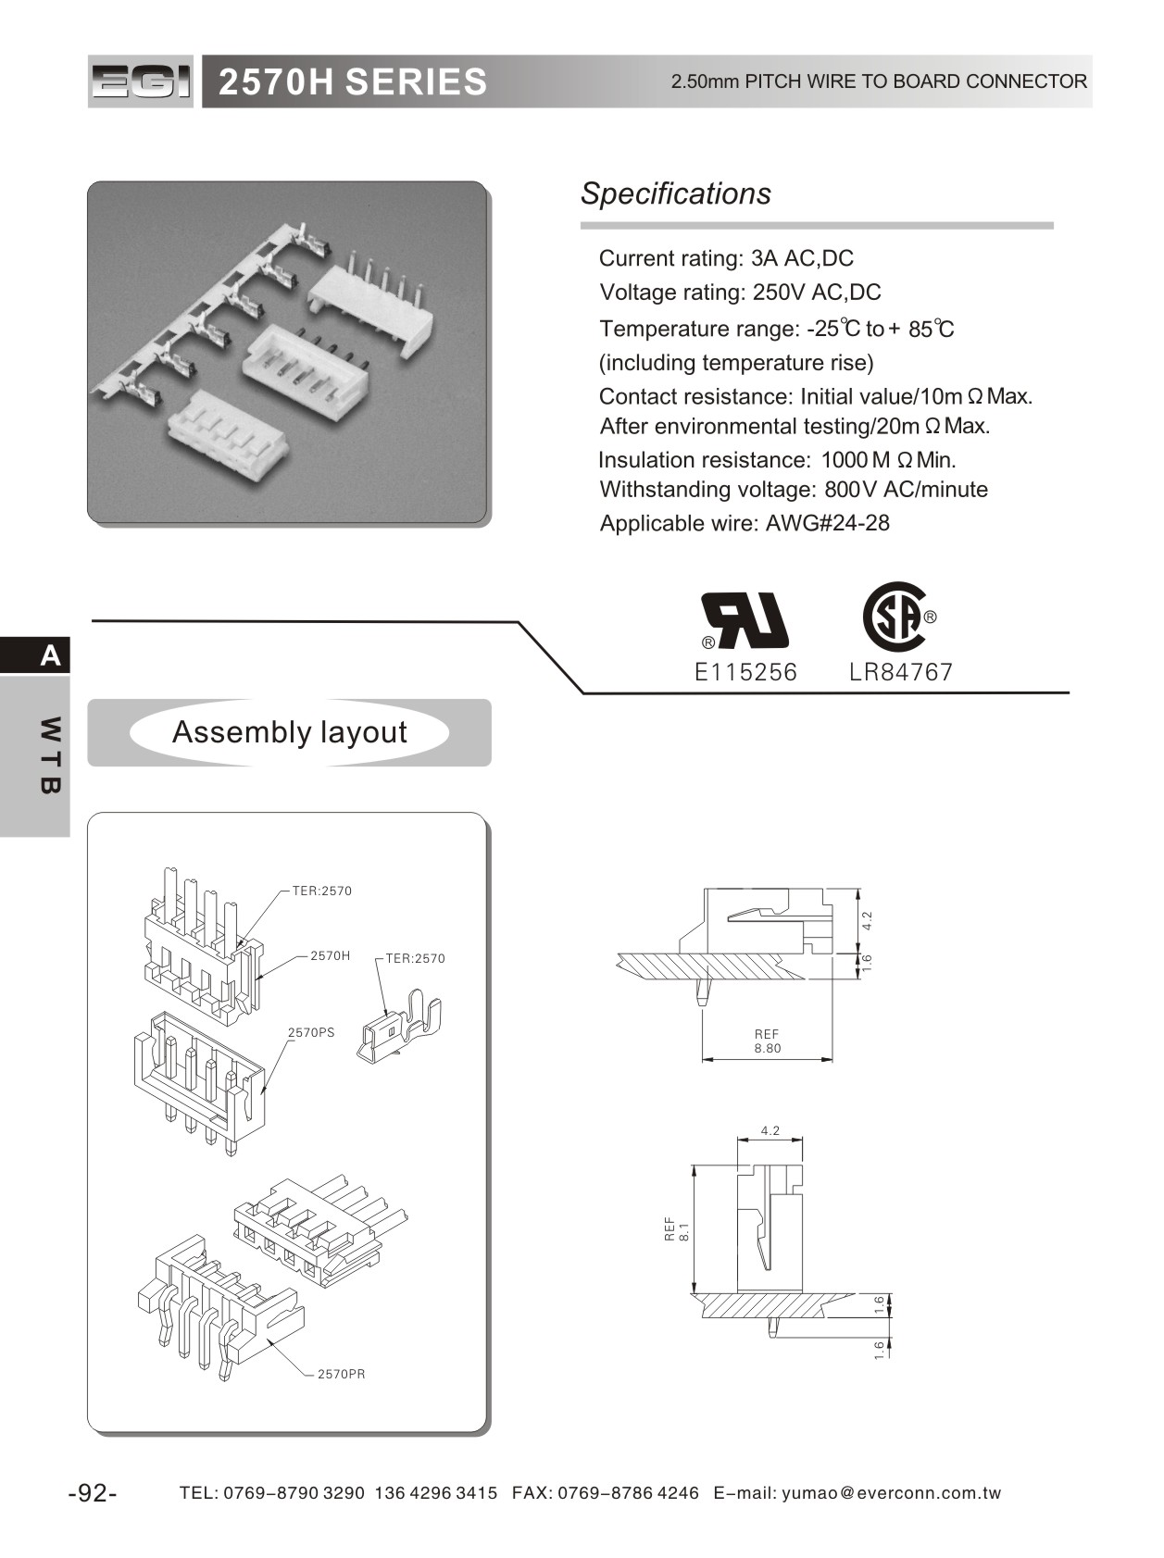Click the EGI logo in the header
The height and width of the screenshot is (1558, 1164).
(141, 81)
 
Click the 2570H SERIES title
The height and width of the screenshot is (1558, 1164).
(352, 82)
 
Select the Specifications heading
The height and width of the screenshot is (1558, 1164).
(675, 193)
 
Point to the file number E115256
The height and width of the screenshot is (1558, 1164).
(745, 672)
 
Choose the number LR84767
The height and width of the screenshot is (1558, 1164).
(900, 672)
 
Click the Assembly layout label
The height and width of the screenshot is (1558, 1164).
(289, 732)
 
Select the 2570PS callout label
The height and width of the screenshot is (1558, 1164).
(311, 1032)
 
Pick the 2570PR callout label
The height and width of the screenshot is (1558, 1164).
(341, 1374)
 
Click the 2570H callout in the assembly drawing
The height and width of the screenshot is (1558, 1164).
(330, 955)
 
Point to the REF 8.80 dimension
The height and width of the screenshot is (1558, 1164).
(767, 1041)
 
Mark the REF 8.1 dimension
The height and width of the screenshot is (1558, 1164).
(677, 1229)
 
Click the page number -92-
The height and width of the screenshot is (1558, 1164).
(92, 1493)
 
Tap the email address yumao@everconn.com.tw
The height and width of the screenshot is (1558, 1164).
(891, 1493)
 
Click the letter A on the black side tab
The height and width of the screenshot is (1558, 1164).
(50, 655)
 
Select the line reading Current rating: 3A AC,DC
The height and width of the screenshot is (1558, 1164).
(726, 258)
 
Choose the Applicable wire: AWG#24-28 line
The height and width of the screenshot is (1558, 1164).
(745, 523)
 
